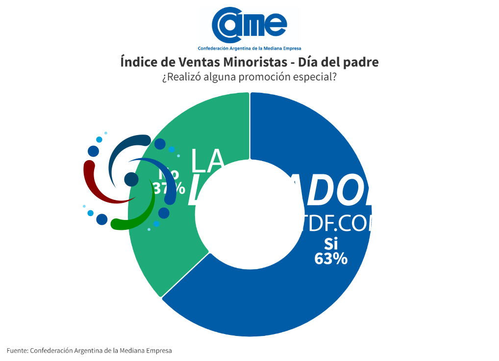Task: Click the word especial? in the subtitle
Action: coord(317,78)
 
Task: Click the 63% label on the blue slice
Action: coord(331,259)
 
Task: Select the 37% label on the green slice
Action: coord(169,188)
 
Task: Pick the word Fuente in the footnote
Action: coord(17,351)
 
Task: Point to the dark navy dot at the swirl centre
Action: coord(131,179)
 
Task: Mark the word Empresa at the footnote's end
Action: coord(157,351)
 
